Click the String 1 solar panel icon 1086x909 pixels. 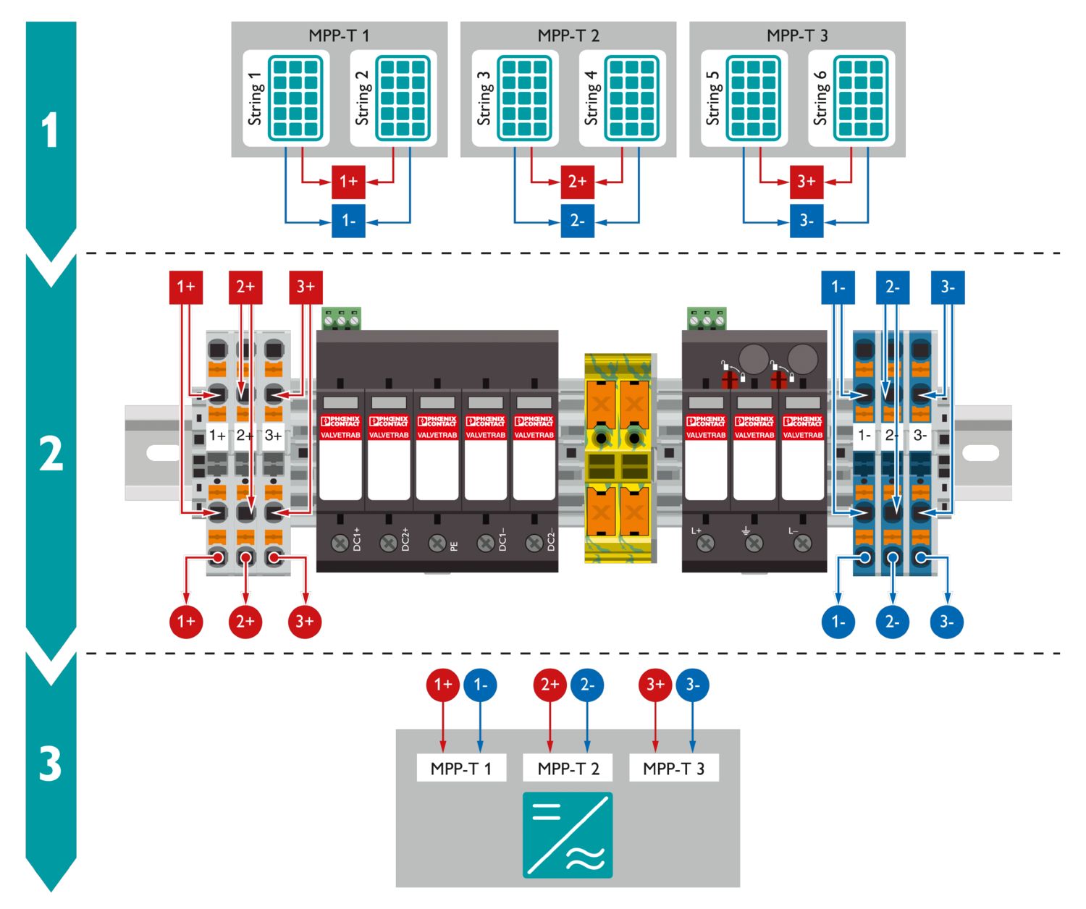[x=295, y=98]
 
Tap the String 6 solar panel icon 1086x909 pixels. [x=861, y=98]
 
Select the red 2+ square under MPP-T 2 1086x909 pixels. [x=577, y=181]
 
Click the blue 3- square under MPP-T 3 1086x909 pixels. [x=807, y=220]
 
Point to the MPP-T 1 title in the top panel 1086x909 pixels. [x=339, y=35]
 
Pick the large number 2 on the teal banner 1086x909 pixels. [x=51, y=454]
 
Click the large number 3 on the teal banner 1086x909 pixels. [x=51, y=764]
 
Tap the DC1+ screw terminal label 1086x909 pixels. [x=357, y=539]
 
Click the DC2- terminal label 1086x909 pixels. [x=551, y=539]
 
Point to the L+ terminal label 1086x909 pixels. [x=696, y=530]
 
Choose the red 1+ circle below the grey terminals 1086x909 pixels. [x=186, y=621]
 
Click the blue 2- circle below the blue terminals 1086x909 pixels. [x=892, y=621]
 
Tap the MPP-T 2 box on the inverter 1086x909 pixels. [x=568, y=768]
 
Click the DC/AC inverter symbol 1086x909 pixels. [x=568, y=834]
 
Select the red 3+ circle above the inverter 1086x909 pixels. [x=655, y=685]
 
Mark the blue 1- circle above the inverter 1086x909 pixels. [x=480, y=685]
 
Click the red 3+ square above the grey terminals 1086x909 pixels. [x=306, y=287]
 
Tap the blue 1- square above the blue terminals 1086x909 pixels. [x=838, y=287]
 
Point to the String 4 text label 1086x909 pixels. [x=592, y=98]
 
